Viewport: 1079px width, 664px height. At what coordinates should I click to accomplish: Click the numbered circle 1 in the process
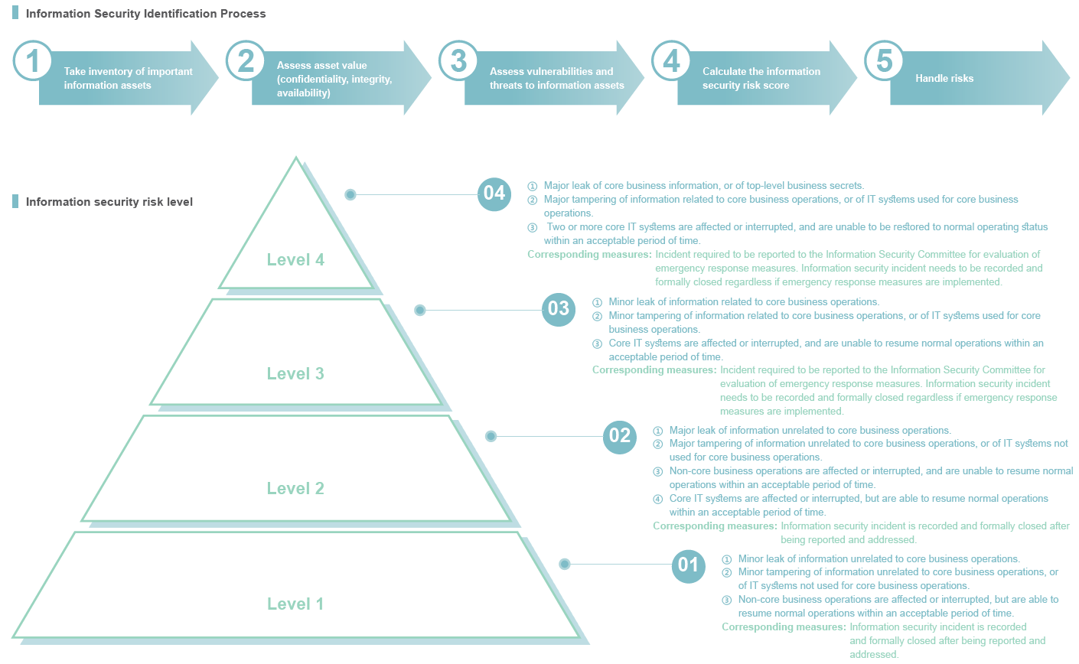point(32,60)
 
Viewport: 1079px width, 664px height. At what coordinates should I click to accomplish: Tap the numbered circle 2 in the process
point(246,60)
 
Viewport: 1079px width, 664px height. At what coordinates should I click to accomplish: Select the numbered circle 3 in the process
point(458,60)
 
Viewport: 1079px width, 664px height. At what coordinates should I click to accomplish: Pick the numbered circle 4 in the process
point(671,60)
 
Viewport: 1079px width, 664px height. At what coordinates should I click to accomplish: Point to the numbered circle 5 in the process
point(885,60)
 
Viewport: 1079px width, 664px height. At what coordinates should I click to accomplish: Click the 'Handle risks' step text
point(944,78)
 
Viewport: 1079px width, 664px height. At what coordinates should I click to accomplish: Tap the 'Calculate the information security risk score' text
point(761,78)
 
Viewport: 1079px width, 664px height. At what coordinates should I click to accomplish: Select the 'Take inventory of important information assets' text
point(128,78)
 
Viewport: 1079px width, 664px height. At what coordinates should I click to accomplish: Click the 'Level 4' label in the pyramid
point(295,259)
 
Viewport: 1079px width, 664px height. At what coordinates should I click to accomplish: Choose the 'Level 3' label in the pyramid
point(295,373)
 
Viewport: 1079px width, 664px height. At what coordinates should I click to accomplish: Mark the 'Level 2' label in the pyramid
point(295,488)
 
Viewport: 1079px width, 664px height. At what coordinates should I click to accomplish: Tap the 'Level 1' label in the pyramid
point(295,604)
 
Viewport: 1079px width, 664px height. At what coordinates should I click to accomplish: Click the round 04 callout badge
point(494,194)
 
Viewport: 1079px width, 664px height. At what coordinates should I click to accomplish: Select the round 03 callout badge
point(559,310)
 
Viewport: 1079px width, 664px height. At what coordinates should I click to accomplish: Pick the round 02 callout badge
point(619,437)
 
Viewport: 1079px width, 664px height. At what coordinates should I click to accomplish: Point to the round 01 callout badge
point(689,566)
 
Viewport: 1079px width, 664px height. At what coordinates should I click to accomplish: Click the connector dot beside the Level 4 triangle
point(350,194)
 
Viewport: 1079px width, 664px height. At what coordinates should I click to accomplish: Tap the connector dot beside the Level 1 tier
point(565,564)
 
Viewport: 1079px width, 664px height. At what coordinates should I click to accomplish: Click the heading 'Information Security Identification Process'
point(145,14)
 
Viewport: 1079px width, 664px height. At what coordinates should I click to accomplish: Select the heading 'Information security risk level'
point(109,202)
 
